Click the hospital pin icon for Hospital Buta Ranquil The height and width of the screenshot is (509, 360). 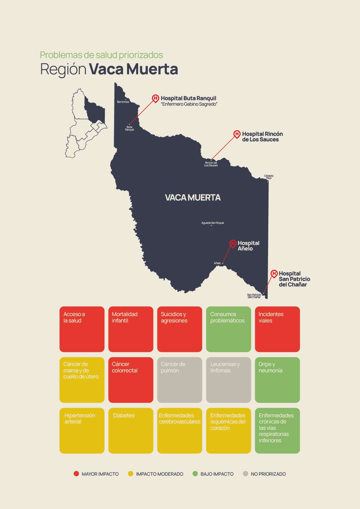pos(156,98)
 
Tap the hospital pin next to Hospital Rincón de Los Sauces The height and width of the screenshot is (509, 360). pos(237,134)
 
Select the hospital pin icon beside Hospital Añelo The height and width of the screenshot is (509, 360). pos(233,243)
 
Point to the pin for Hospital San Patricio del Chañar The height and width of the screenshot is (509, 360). pos(274,274)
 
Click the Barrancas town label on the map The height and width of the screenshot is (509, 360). pos(123,102)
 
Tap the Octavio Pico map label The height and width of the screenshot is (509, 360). pos(269,177)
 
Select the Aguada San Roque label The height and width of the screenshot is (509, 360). pos(213,223)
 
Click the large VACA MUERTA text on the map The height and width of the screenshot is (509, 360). pos(193,198)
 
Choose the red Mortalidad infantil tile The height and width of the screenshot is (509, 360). pos(131,329)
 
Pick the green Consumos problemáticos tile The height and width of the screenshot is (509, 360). pos(228,329)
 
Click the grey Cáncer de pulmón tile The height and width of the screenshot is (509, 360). pos(179,380)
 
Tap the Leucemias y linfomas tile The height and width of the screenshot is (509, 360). pos(228,380)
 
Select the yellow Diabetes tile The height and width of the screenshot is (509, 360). pos(131,431)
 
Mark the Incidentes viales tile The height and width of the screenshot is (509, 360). pos(277,329)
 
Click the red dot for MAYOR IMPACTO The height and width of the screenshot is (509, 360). pos(76,474)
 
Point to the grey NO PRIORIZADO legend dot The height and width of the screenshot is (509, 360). pos(246,474)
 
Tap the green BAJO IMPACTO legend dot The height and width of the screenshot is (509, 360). pos(195,474)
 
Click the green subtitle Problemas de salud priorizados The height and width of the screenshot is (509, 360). pos(101,55)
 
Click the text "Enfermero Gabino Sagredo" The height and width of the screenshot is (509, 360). pos(189,104)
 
